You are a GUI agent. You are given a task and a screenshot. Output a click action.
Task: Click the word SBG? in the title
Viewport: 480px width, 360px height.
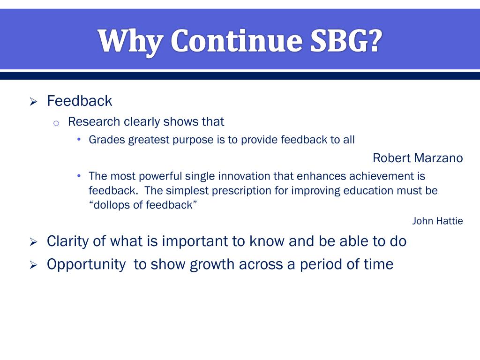coord(346,41)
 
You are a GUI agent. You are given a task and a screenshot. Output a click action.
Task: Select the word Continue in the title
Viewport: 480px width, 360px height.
coord(236,41)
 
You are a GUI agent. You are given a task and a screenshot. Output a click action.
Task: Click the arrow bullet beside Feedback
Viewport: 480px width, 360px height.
coord(33,102)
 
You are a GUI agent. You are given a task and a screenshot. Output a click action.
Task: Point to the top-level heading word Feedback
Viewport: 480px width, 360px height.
coord(80,101)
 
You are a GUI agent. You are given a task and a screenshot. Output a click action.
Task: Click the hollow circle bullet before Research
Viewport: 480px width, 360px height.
coord(56,123)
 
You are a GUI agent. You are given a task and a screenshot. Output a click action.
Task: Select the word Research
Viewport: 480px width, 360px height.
coord(94,121)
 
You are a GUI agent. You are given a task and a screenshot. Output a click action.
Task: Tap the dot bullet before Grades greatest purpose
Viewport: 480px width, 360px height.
coord(79,140)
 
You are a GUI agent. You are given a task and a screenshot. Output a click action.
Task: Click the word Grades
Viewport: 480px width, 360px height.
coord(107,140)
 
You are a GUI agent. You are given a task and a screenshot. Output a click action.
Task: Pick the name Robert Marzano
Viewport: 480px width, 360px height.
coord(418,158)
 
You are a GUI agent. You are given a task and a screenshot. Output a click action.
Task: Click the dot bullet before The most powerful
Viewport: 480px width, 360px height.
coord(79,176)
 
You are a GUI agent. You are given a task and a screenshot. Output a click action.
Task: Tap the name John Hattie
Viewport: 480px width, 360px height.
coord(437,221)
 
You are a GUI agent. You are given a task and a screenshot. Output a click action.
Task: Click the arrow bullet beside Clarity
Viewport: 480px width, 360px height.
coord(33,242)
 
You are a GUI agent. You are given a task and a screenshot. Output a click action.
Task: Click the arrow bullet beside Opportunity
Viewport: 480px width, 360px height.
coord(33,265)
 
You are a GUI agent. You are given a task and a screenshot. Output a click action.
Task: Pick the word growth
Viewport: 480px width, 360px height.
coord(212,264)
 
